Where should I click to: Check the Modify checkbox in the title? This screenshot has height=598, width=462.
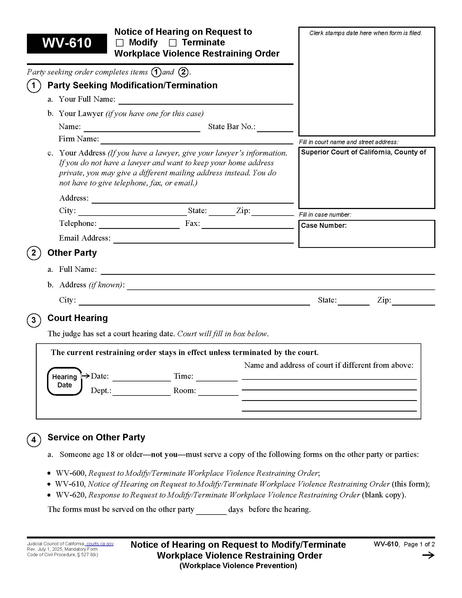point(120,43)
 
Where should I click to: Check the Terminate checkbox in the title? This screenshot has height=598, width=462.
point(173,43)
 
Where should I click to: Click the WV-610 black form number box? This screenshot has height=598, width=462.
point(67,43)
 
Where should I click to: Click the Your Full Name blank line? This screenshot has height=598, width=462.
point(205,101)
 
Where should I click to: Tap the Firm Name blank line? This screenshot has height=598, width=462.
point(196,141)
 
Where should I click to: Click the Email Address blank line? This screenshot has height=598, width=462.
point(203,239)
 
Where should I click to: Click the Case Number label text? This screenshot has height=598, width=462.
point(323,225)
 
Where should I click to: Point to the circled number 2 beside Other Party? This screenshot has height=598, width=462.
point(34,253)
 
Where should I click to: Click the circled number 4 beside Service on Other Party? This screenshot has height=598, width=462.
point(34,440)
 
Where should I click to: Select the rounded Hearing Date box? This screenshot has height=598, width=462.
point(65,381)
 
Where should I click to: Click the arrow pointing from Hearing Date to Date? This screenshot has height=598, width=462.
point(86,376)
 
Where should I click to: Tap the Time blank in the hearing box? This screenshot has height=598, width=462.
point(217,377)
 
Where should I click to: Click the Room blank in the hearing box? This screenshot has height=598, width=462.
point(218,392)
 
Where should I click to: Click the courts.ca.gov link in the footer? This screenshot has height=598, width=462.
point(100,544)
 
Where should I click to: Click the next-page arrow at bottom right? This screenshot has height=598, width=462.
point(428,555)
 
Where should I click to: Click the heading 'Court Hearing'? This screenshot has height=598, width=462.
point(77,318)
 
